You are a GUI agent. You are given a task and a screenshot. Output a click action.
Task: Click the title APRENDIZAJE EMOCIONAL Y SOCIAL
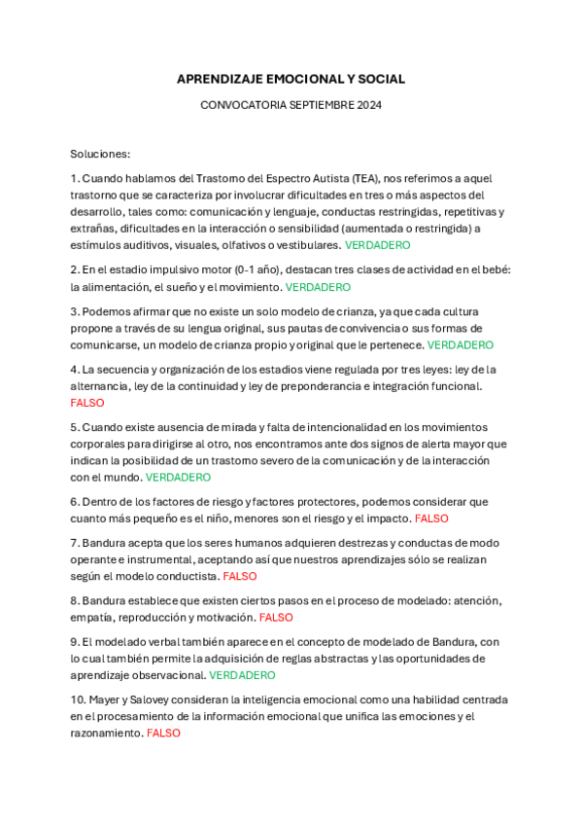(291, 79)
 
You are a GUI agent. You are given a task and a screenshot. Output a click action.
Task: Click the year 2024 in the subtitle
(369, 105)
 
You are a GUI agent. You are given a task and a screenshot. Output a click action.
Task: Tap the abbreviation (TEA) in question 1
(365, 179)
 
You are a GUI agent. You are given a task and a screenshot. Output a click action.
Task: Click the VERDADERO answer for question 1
(378, 245)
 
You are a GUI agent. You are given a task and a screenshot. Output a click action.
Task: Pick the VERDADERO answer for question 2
(318, 287)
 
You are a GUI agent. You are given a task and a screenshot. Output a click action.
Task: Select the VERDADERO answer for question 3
(461, 344)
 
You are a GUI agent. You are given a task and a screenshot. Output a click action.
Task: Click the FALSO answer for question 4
(87, 403)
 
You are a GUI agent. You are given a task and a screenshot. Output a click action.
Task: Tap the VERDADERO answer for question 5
(178, 478)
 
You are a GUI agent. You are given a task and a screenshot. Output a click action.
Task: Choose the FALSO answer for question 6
(431, 519)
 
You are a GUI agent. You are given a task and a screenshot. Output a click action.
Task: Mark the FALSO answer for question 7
(240, 576)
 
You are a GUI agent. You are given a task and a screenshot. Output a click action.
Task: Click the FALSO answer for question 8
(276, 618)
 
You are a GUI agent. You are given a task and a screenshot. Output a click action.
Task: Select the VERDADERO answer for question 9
(242, 675)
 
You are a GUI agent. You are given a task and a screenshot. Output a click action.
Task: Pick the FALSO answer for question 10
(163, 733)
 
